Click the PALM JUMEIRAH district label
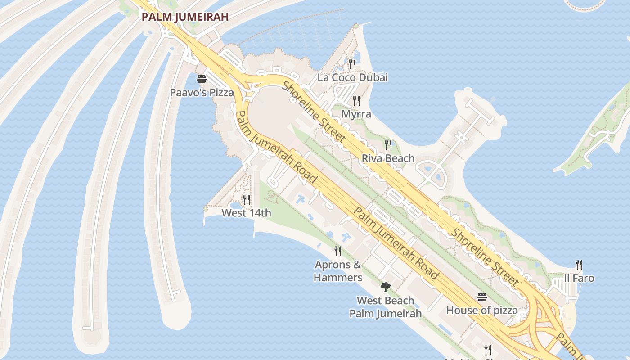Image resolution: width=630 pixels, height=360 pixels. [x=185, y=17]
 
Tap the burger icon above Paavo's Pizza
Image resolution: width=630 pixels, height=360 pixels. [x=201, y=79]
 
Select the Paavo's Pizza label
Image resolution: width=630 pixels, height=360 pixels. [x=202, y=93]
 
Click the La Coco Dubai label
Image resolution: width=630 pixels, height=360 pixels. [x=352, y=77]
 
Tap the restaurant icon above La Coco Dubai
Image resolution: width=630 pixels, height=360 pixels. [x=352, y=64]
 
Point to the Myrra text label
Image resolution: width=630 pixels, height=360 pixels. [x=356, y=114]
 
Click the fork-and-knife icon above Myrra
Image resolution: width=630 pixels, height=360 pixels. [x=356, y=100]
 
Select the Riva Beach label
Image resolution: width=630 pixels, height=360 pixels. [x=388, y=158]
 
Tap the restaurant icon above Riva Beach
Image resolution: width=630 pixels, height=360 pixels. [x=388, y=145]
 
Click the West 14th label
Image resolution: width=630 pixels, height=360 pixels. [x=247, y=213]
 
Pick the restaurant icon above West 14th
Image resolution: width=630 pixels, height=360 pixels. [x=247, y=199]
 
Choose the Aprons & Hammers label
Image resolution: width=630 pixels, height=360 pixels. [x=338, y=271]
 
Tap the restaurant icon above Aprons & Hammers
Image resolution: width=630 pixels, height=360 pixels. [x=338, y=251]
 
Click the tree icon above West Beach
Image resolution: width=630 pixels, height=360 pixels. [x=385, y=287]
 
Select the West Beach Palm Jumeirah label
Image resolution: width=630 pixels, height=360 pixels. [x=385, y=307]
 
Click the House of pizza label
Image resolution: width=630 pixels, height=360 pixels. [x=482, y=310]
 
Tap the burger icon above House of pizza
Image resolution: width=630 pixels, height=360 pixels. [x=482, y=297]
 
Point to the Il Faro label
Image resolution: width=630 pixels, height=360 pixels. [x=579, y=278]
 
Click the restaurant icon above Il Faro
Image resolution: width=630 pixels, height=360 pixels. [x=579, y=265]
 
